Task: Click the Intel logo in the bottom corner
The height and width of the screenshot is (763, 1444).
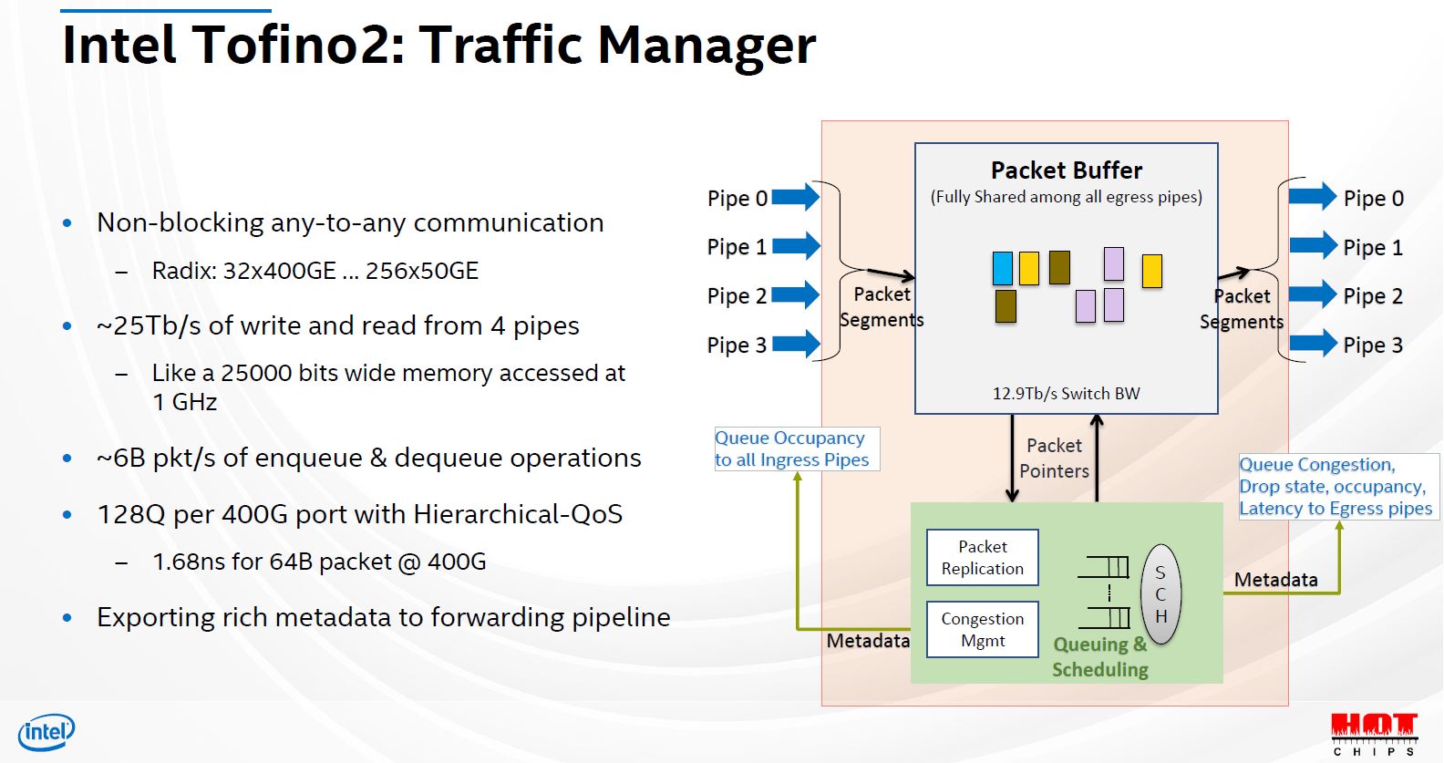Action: [46, 731]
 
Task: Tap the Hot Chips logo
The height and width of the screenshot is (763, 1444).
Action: [1374, 733]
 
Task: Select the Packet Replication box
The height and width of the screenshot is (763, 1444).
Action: [982, 558]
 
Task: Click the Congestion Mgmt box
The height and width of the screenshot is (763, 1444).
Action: [982, 629]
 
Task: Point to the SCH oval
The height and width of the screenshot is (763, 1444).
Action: [1160, 594]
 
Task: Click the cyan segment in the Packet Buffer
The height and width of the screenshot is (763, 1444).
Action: [1002, 268]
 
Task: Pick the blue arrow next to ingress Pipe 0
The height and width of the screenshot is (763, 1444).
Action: [796, 197]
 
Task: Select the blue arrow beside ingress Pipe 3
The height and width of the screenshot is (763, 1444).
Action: [796, 344]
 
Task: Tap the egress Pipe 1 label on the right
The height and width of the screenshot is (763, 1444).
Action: [1372, 247]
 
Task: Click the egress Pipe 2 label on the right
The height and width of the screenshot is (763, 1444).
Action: [1372, 296]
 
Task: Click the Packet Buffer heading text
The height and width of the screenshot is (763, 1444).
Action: [1066, 170]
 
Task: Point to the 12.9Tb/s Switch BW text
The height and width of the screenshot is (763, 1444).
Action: [1066, 394]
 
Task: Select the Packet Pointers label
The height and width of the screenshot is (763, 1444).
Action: [1054, 458]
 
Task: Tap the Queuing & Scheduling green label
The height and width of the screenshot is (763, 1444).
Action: [1099, 657]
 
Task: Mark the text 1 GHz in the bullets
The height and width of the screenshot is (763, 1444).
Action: [184, 402]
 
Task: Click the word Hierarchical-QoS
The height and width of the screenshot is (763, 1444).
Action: [517, 514]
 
